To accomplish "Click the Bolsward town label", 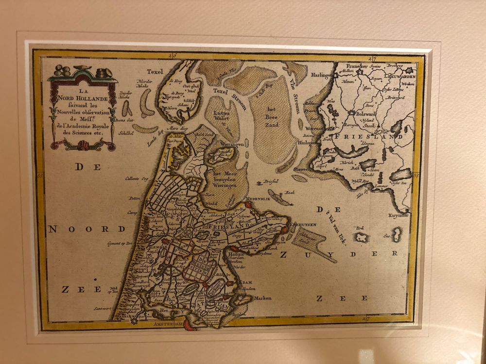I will click(x=366, y=115).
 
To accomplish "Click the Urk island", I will click(x=361, y=237).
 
